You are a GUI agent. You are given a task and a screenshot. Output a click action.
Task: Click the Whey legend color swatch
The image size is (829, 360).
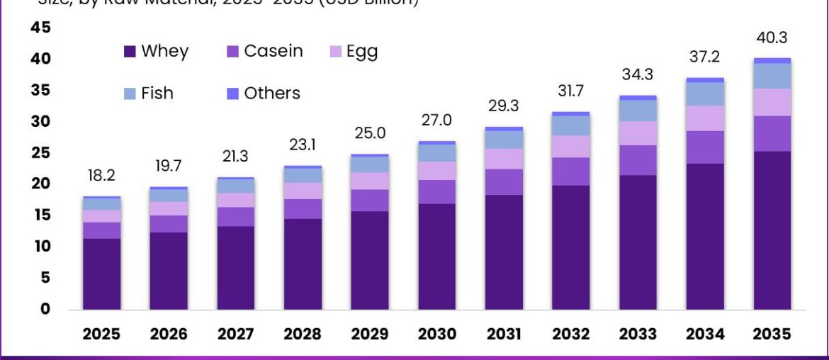pos(130,52)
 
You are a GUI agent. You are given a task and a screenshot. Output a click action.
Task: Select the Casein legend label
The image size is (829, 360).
pos(273,51)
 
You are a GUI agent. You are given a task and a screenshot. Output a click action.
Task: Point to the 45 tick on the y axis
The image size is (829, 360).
pos(41,28)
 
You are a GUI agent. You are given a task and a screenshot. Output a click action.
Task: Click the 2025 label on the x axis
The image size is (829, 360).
pos(101,334)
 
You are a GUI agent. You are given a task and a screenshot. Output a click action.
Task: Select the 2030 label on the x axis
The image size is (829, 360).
pos(436,334)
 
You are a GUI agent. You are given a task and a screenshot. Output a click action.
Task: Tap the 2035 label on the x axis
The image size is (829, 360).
pos(772,334)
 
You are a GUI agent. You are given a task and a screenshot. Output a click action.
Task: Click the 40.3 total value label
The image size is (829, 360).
pos(772,38)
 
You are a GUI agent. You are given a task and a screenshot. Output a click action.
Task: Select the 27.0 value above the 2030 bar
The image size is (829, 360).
pos(436,120)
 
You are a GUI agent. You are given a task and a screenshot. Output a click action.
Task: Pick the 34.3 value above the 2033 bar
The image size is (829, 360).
pos(638,74)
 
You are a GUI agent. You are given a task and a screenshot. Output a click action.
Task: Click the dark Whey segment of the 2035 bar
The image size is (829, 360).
pos(772,230)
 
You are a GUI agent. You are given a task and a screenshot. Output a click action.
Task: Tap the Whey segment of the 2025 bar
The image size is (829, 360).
pos(101,274)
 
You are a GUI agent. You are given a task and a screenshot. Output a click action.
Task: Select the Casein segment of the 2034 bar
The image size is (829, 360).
pos(705,147)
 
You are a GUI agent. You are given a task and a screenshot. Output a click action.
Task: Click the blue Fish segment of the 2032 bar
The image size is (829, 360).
pos(570,125)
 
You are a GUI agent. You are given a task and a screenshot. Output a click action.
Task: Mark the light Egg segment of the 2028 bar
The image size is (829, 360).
pos(303,191)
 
